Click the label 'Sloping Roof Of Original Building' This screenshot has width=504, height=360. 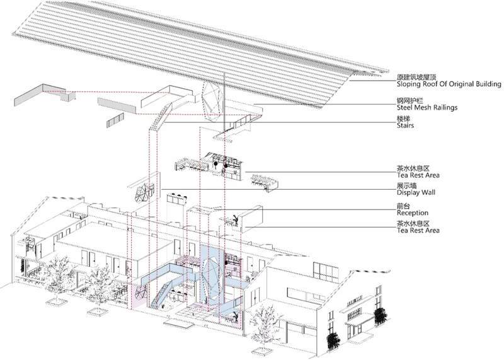[449, 84]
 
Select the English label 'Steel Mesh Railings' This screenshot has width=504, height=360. [427, 107]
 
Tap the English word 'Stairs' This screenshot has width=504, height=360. [405, 125]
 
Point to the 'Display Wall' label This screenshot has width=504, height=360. [416, 192]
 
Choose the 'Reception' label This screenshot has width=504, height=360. [413, 212]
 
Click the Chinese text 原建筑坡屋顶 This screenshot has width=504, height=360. [416, 77]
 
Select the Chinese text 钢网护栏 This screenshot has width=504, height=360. [410, 101]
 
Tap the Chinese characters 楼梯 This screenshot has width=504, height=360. [403, 119]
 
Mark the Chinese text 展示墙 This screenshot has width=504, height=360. [406, 185]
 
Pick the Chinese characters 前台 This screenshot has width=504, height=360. [403, 206]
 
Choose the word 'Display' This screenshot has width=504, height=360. [408, 192]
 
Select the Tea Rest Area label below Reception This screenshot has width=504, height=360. [418, 230]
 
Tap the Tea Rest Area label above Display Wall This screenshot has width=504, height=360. [418, 175]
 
